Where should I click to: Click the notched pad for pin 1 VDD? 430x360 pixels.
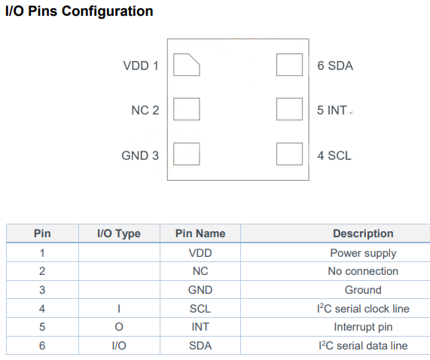click(x=187, y=65)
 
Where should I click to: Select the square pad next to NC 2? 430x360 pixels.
click(x=187, y=109)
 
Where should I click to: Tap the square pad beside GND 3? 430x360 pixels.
click(x=187, y=154)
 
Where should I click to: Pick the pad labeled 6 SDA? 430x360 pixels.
click(x=290, y=65)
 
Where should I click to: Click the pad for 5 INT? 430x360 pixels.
click(x=290, y=109)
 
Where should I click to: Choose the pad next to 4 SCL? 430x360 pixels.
click(x=290, y=154)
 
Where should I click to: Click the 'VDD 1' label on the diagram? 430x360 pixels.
click(x=141, y=66)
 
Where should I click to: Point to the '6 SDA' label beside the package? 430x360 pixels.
click(x=335, y=66)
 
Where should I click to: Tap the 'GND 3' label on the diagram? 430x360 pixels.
click(x=140, y=155)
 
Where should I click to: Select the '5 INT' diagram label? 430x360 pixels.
click(x=332, y=110)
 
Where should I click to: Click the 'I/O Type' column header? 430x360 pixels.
click(x=119, y=233)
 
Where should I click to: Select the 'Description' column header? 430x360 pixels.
click(x=363, y=233)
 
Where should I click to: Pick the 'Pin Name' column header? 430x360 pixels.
click(x=200, y=233)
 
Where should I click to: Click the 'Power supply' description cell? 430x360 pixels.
click(x=363, y=253)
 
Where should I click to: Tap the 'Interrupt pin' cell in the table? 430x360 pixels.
click(x=363, y=327)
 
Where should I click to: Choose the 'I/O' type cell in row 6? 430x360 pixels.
click(x=119, y=346)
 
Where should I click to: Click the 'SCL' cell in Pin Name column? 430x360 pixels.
click(x=200, y=309)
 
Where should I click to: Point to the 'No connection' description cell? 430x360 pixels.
click(x=363, y=271)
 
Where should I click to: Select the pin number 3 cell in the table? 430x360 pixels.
click(x=42, y=290)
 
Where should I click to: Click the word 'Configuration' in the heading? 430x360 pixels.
click(x=107, y=11)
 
